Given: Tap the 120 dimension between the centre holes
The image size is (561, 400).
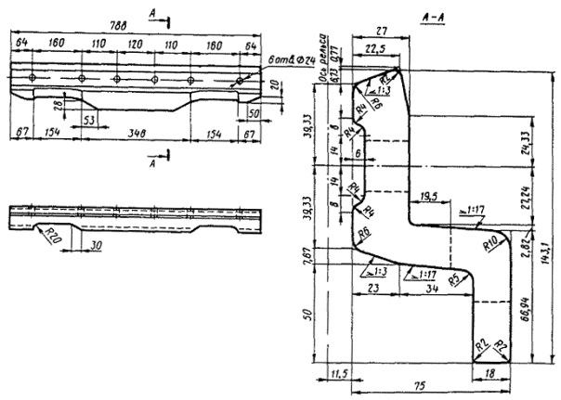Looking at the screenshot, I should pyautogui.click(x=134, y=44).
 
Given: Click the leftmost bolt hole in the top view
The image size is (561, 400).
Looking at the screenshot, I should pyautogui.click(x=32, y=77).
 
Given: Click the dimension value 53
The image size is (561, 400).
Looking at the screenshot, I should pyautogui.click(x=87, y=120).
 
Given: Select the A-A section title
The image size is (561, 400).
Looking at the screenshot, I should pyautogui.click(x=433, y=20).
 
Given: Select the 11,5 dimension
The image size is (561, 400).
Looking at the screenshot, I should pyautogui.click(x=340, y=376).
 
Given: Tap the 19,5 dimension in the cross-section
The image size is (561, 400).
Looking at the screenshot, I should pyautogui.click(x=429, y=196).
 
